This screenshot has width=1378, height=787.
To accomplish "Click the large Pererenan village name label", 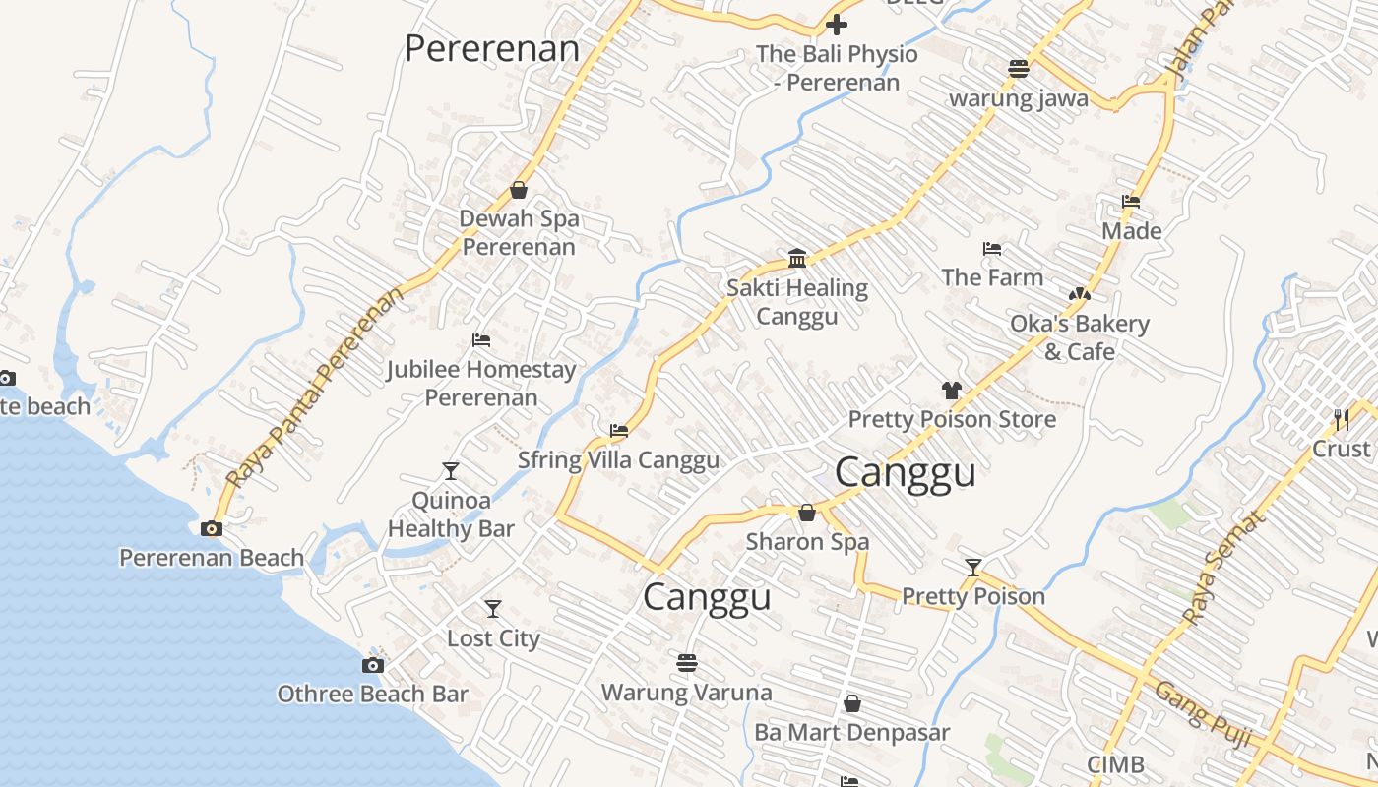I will point(492,48).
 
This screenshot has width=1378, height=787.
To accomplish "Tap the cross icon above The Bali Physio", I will point(837,25).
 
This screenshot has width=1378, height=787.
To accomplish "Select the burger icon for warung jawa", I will point(1019,69).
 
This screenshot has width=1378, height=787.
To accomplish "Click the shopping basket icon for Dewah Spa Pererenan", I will point(519,190).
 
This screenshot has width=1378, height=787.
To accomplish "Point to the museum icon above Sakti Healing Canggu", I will point(797,259).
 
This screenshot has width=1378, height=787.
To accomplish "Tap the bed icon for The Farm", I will point(992,249).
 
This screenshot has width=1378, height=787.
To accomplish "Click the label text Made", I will point(1131,231).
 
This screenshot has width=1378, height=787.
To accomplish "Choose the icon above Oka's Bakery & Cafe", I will point(1080,294).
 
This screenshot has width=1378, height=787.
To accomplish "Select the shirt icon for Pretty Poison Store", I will point(951,391).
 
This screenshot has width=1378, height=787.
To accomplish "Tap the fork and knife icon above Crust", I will point(1342,420).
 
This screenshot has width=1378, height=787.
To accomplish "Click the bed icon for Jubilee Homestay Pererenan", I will point(481,340).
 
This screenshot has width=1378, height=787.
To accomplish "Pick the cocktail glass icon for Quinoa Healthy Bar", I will point(450,471).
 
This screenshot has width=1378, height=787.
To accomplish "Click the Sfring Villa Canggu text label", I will point(618,460).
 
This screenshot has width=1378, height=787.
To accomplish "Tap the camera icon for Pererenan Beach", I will point(211,529).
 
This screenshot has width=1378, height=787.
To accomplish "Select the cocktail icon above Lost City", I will point(493,609).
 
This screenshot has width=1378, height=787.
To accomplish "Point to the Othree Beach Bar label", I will point(372,694).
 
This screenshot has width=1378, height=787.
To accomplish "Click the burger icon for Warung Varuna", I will point(687,663).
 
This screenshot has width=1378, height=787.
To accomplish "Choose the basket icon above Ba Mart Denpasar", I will point(852,704).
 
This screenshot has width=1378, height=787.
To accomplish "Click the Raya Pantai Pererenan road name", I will point(315,388).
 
